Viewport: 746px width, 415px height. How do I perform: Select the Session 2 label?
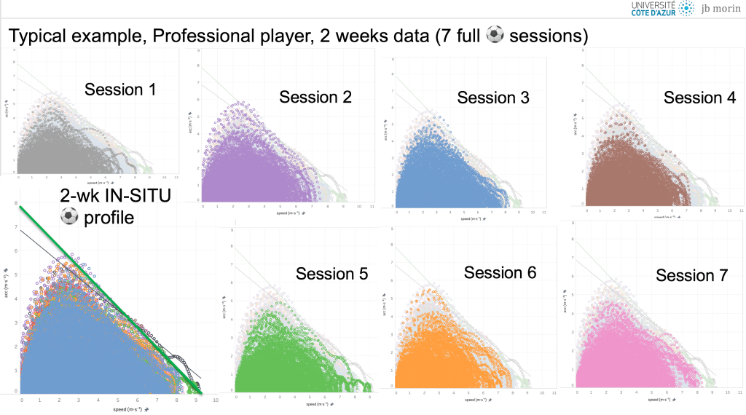(315, 97)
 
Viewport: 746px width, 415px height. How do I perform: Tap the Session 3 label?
(493, 98)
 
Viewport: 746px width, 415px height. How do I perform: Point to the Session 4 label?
(699, 98)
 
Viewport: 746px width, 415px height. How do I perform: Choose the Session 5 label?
(331, 274)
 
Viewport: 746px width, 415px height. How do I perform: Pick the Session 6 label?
(500, 272)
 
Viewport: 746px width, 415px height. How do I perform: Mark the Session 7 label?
(691, 275)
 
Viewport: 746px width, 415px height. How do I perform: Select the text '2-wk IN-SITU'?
(117, 194)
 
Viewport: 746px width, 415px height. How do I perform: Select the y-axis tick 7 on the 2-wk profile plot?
(16, 227)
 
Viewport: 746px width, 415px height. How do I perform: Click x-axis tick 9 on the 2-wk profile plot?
(195, 400)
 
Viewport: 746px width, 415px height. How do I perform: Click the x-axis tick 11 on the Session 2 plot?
(372, 207)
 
